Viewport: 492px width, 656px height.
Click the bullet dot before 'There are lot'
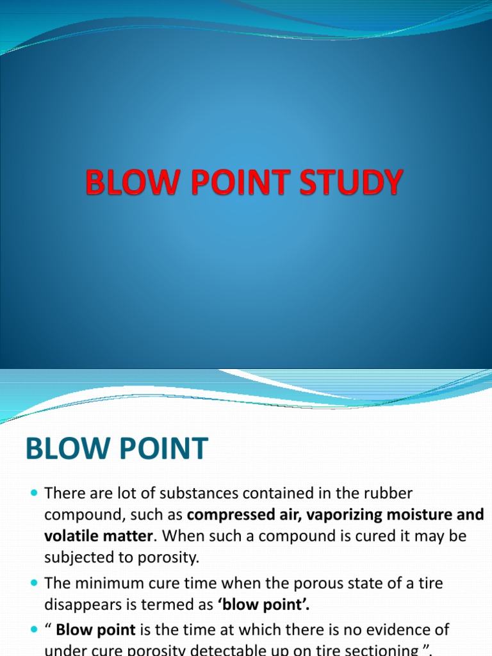pyautogui.click(x=34, y=494)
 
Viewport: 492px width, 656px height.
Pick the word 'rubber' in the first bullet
pyautogui.click(x=389, y=493)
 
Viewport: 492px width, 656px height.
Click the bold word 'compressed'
pyautogui.click(x=227, y=514)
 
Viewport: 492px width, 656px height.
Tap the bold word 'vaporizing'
pyautogui.click(x=333, y=514)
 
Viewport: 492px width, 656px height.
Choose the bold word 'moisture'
pyautogui.click(x=422, y=514)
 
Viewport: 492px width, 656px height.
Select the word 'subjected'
pyautogui.click(x=72, y=557)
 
